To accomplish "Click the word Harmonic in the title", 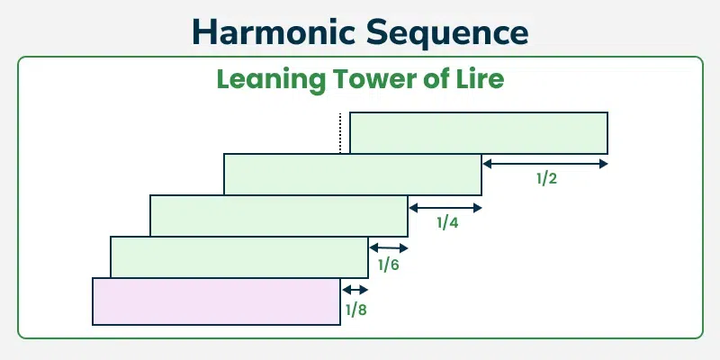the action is click(x=274, y=32).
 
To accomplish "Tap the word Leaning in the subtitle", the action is click(x=271, y=80).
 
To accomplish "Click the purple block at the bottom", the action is click(x=216, y=301).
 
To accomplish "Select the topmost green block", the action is click(x=479, y=132).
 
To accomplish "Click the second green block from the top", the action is click(x=353, y=174).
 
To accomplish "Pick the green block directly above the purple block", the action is click(x=239, y=257).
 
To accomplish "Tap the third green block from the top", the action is click(x=279, y=215).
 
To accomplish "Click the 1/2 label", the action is click(x=546, y=178).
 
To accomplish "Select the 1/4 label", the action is click(x=447, y=222).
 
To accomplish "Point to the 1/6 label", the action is click(x=389, y=265).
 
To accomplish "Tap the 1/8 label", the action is click(x=355, y=310).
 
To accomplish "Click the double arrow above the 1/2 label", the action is click(x=545, y=164).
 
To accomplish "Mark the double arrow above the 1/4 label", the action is click(x=445, y=208).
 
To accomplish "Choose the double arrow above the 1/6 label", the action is click(x=389, y=248).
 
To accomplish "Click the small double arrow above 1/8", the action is click(x=355, y=290).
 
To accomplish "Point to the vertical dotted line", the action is click(x=340, y=132).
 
